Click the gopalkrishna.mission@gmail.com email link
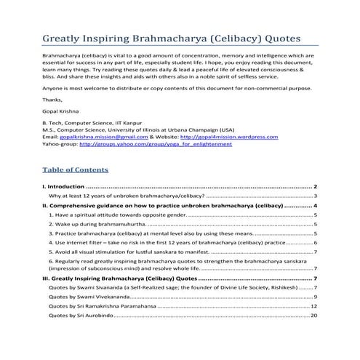100,137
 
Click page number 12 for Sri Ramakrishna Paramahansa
313,307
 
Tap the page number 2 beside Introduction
315,188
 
